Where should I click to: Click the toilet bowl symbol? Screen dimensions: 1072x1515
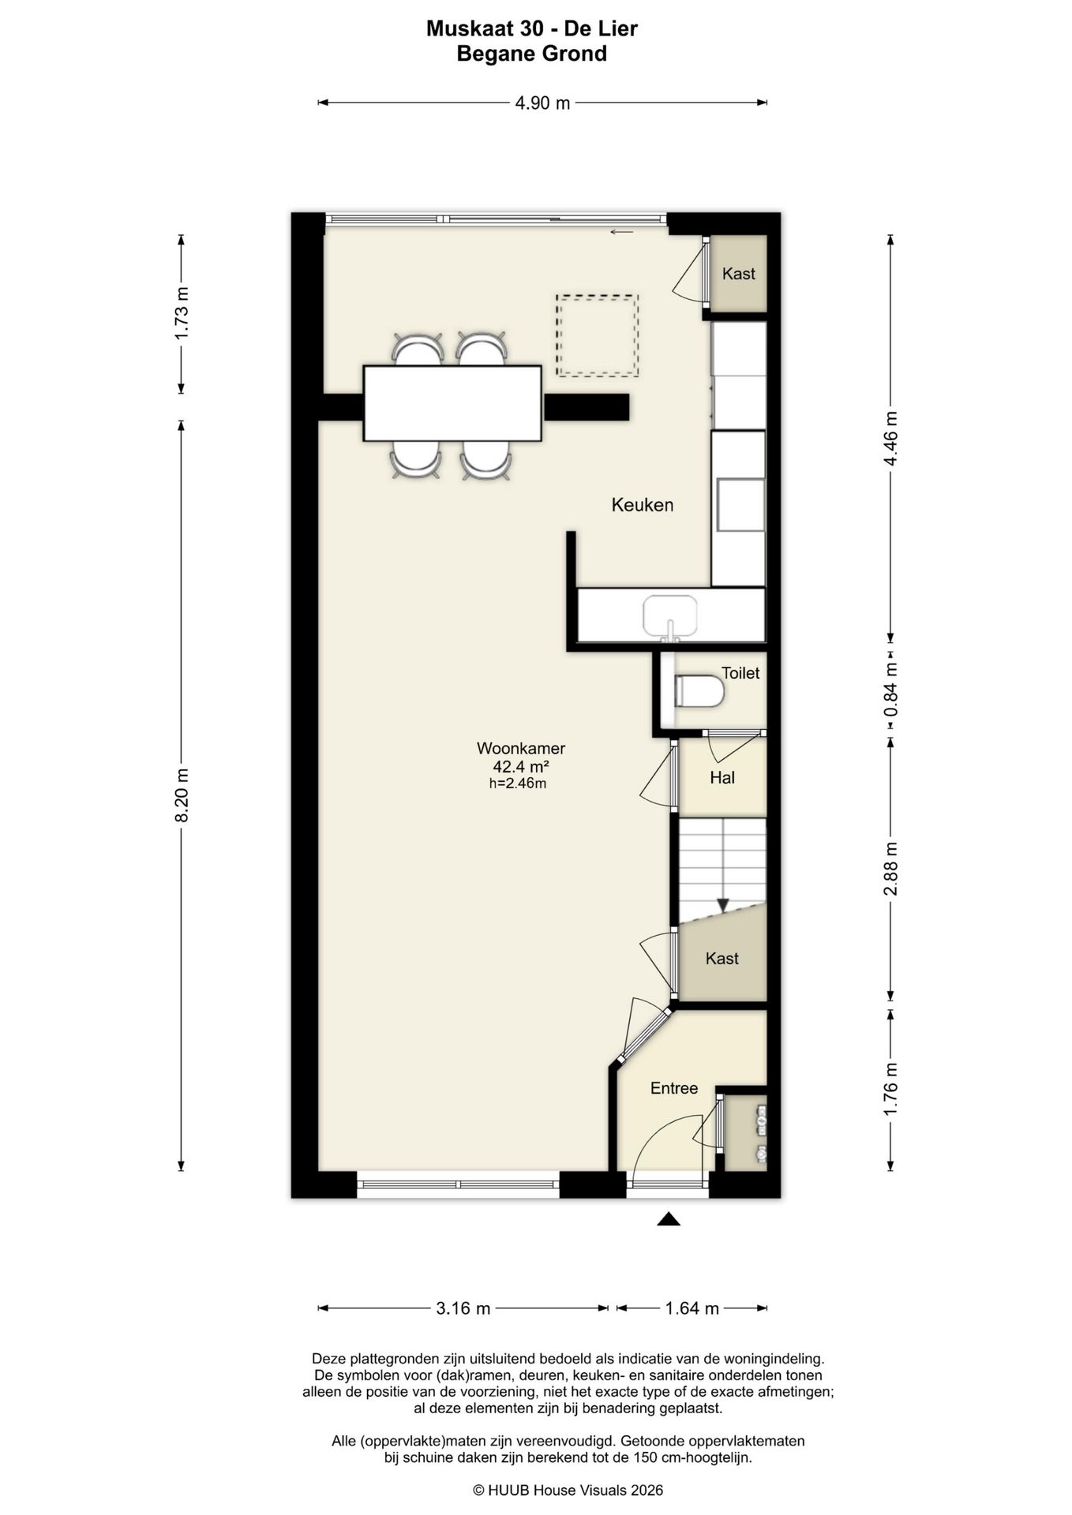[699, 692]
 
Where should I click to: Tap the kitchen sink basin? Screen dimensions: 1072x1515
[670, 616]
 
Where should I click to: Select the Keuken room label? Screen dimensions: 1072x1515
[643, 505]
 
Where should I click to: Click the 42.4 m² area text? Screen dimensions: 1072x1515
[521, 766]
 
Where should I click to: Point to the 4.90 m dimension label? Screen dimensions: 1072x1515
[542, 103]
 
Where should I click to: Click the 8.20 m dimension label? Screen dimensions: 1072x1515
[182, 795]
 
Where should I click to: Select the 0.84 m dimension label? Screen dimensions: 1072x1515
[890, 690]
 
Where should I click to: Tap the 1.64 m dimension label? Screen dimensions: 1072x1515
[692, 1308]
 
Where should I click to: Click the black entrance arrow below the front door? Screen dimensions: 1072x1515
[669, 1219]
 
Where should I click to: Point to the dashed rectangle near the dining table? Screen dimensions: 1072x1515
[597, 335]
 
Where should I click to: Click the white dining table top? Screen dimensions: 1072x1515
[452, 403]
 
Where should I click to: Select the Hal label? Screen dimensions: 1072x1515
[722, 778]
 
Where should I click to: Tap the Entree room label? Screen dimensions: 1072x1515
[674, 1088]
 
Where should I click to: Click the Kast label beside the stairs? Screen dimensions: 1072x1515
[722, 959]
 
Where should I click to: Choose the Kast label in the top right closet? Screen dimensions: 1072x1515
[739, 274]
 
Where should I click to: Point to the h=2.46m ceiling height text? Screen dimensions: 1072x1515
[518, 784]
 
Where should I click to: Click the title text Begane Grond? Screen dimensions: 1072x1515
[532, 54]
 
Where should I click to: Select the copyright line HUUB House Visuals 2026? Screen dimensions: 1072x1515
[568, 1491]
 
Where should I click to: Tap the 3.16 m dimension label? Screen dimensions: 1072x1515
[463, 1308]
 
